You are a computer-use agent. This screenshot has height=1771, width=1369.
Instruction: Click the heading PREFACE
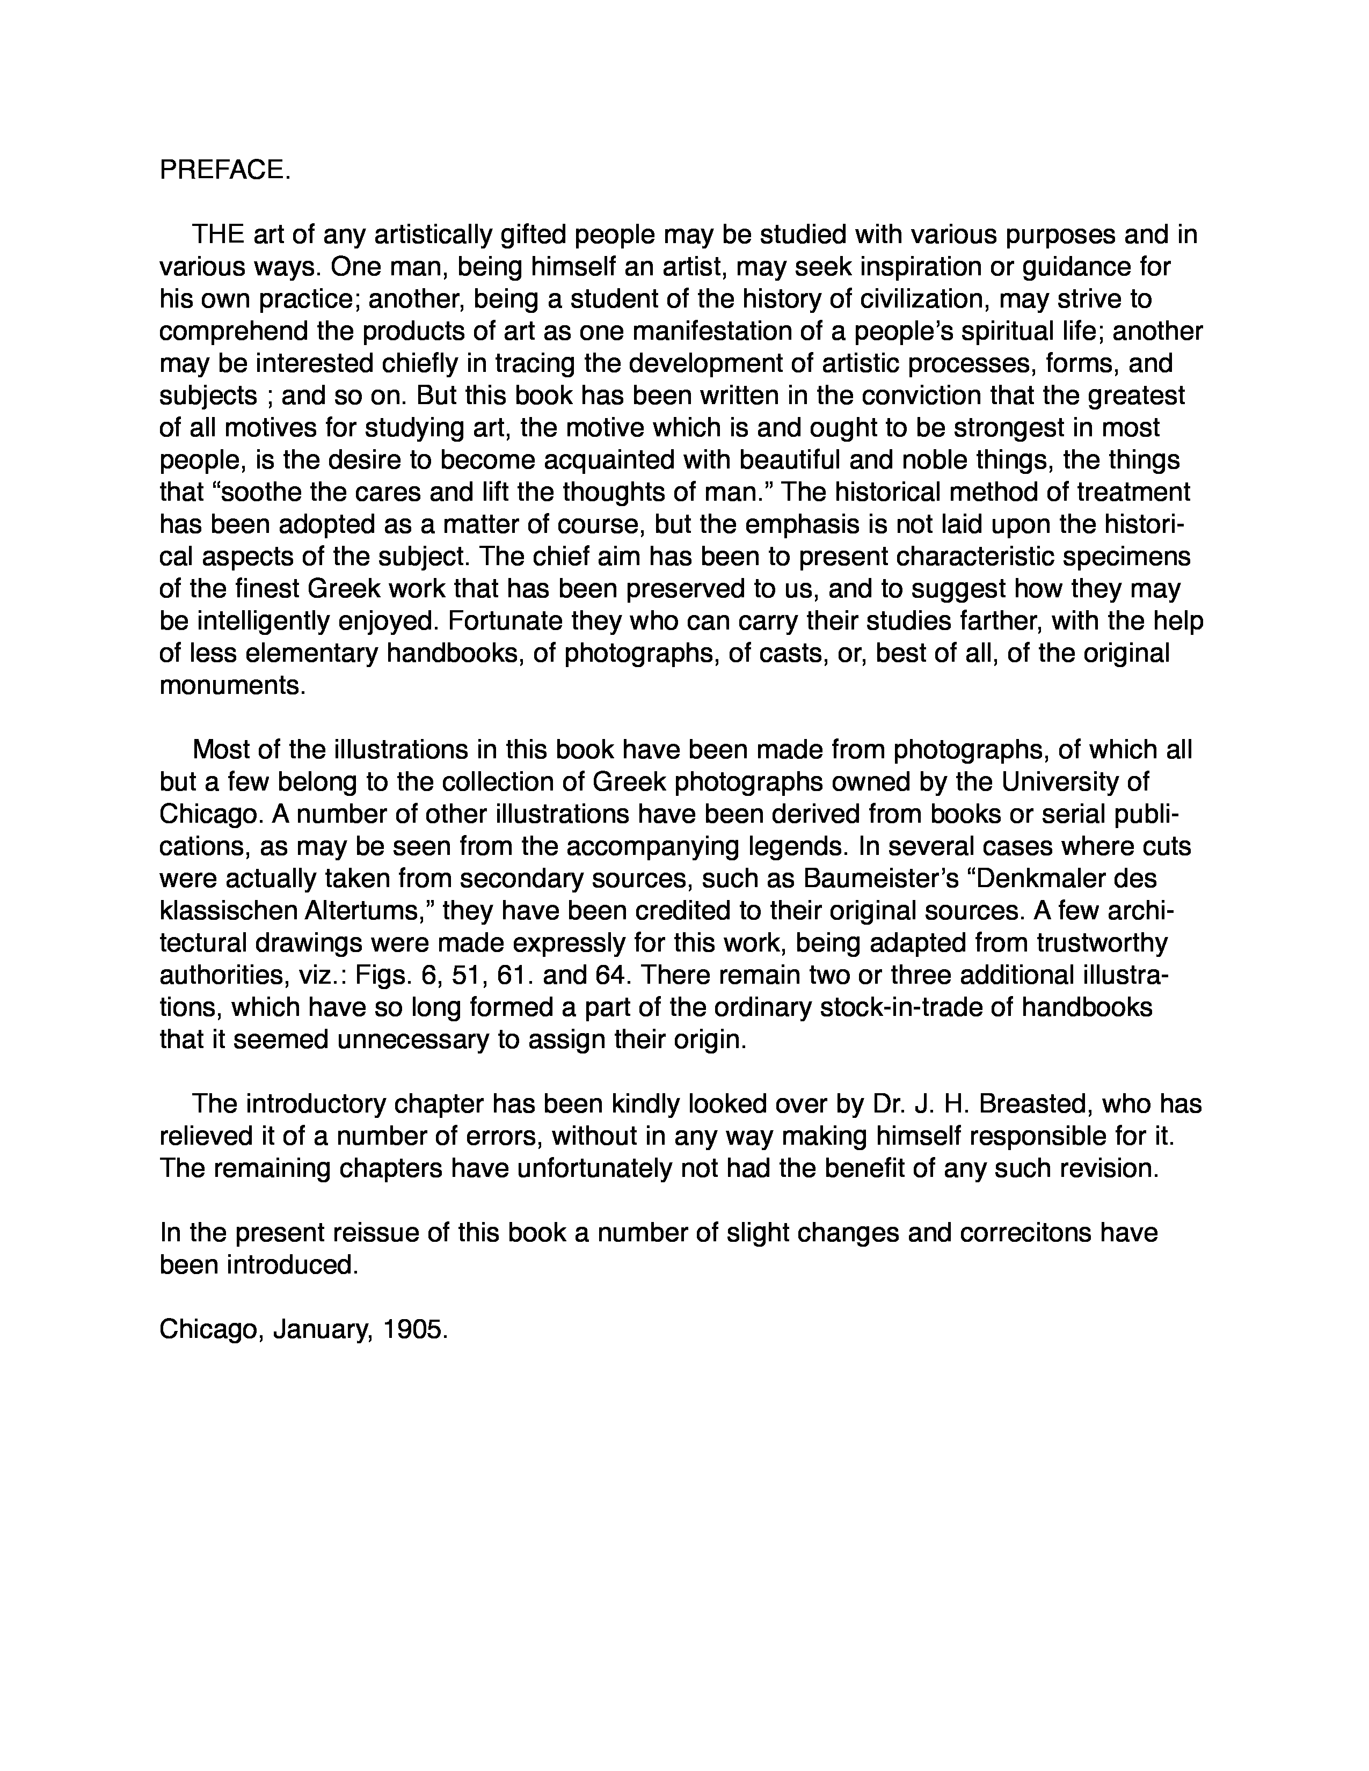[224, 170]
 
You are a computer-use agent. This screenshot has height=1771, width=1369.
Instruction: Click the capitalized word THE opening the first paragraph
[218, 235]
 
